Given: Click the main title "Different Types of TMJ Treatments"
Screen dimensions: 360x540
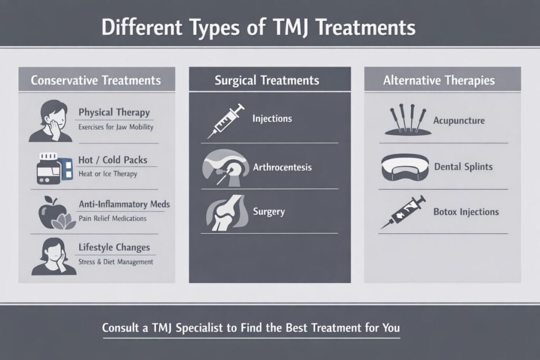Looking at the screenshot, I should pyautogui.click(x=258, y=28).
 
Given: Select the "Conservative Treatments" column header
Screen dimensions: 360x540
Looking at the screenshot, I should pyautogui.click(x=95, y=81).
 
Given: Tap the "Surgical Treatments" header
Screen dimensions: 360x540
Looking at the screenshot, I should pyautogui.click(x=267, y=81).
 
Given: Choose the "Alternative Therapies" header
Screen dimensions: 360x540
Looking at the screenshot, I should pyautogui.click(x=439, y=81).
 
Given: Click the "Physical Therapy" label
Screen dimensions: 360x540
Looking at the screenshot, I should pyautogui.click(x=114, y=112).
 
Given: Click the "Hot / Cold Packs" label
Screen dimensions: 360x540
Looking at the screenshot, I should pyautogui.click(x=113, y=160).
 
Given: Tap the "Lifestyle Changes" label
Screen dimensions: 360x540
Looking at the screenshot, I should pyautogui.click(x=114, y=247).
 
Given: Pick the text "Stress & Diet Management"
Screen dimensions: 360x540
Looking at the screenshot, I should pyautogui.click(x=115, y=261).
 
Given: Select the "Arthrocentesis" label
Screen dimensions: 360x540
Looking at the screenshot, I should pyautogui.click(x=282, y=168).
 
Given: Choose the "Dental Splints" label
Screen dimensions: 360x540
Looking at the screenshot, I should pyautogui.click(x=463, y=167).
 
